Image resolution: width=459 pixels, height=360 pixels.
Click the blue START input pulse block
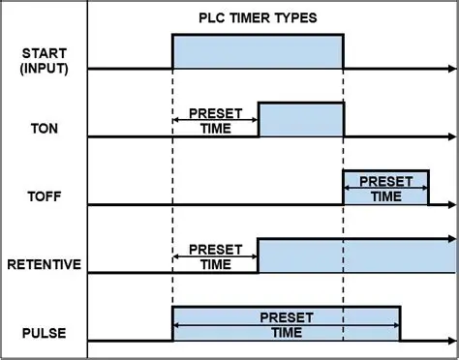[258, 51]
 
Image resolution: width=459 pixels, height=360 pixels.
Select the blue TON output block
[300, 119]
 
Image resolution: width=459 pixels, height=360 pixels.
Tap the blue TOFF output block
[386, 187]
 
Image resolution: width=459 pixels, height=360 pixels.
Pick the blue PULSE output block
[286, 324]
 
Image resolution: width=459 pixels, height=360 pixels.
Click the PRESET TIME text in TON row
[215, 121]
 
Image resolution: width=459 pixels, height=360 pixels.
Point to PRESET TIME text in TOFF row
[386, 188]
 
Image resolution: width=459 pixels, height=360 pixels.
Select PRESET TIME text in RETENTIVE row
[215, 256]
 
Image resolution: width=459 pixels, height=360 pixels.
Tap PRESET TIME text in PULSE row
[286, 323]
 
